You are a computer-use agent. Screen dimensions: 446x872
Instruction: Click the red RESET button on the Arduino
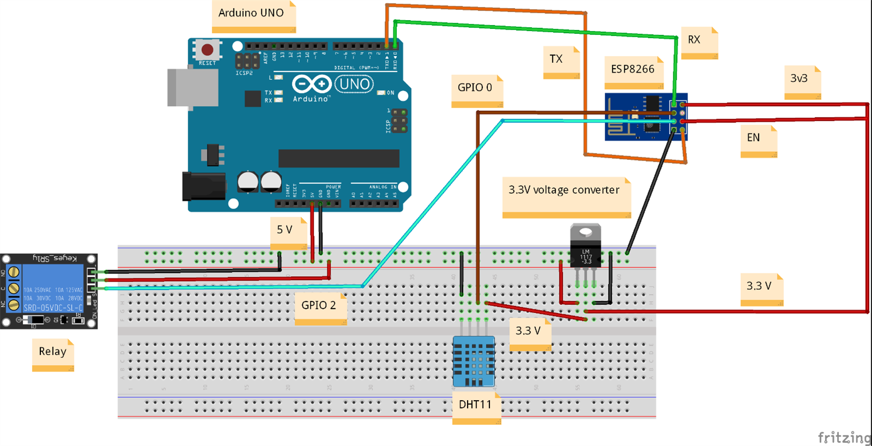(x=207, y=50)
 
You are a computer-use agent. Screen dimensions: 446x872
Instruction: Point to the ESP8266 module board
(x=645, y=117)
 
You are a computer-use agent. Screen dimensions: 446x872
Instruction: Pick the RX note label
(x=698, y=40)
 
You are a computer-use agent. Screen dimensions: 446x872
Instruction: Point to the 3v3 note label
(x=801, y=79)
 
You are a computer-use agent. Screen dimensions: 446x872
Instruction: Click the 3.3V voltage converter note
(x=565, y=191)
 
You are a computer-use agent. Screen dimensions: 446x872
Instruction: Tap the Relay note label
(x=53, y=352)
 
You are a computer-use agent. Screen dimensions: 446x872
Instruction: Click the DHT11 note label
(x=476, y=405)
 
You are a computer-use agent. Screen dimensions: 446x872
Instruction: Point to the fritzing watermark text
(x=844, y=437)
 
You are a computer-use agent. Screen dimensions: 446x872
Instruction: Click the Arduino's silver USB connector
(x=192, y=87)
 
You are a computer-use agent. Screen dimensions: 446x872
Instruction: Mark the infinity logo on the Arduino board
(x=311, y=84)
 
